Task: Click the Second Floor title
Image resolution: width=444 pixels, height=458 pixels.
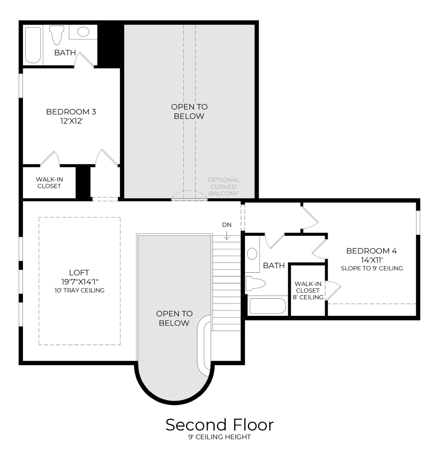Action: pyautogui.click(x=220, y=425)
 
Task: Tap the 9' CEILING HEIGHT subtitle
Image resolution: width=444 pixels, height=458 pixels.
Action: pyautogui.click(x=220, y=437)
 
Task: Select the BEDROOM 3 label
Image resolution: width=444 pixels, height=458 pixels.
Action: pyautogui.click(x=71, y=112)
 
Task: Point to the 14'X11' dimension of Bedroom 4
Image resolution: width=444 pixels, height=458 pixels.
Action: pyautogui.click(x=371, y=260)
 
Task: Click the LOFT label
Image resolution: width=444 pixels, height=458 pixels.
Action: pyautogui.click(x=79, y=273)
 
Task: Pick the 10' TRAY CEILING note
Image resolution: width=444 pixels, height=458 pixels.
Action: pyautogui.click(x=79, y=290)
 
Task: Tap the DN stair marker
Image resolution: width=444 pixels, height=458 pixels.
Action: pyautogui.click(x=227, y=225)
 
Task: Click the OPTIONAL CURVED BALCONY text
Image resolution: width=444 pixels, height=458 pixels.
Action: pyautogui.click(x=223, y=186)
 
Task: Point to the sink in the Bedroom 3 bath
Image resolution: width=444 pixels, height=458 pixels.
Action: pyautogui.click(x=83, y=32)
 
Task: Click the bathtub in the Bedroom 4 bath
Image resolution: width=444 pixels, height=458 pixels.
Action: pyautogui.click(x=267, y=306)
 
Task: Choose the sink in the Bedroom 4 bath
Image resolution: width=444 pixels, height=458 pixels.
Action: pyautogui.click(x=252, y=253)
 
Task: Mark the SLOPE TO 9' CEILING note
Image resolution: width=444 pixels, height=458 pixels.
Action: pyautogui.click(x=371, y=268)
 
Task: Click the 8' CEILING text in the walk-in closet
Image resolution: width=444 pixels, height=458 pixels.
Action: pyautogui.click(x=308, y=297)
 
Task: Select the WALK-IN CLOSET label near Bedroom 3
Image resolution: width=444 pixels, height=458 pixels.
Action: pyautogui.click(x=49, y=182)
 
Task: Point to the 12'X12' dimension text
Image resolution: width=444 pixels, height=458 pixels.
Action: pyautogui.click(x=71, y=121)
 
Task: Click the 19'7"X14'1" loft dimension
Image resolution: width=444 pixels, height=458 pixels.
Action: pyautogui.click(x=79, y=282)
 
